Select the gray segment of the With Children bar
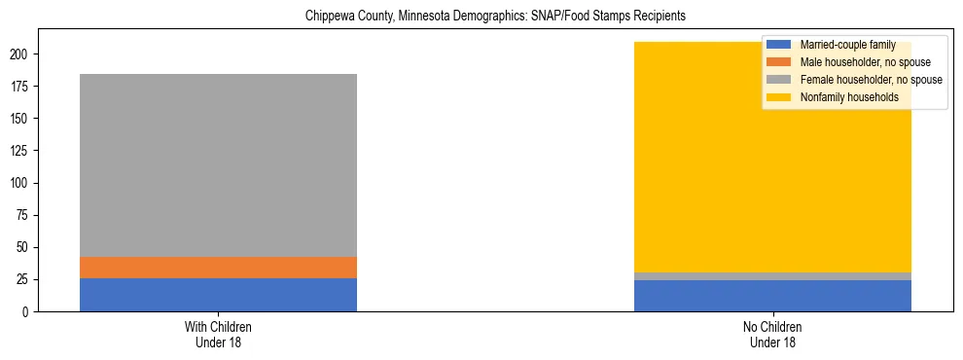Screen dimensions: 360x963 (x=218, y=165)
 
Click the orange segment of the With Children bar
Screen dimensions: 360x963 (x=218, y=268)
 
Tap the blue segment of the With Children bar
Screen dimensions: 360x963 (x=218, y=295)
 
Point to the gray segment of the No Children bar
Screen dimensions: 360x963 (x=772, y=276)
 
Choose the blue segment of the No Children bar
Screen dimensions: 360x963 (x=772, y=296)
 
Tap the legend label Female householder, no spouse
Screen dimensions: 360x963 (x=871, y=80)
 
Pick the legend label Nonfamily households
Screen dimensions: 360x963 (x=848, y=97)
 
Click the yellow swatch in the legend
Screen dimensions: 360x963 (x=779, y=97)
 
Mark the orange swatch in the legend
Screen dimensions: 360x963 (x=779, y=62)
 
